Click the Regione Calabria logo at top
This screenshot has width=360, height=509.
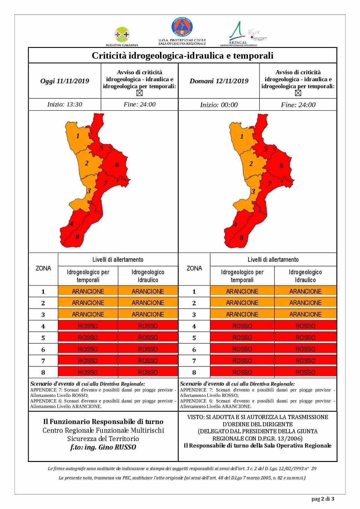(122, 36)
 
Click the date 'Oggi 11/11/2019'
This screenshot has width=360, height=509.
(65, 81)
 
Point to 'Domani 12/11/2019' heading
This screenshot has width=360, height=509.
(219, 81)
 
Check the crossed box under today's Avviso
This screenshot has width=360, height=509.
(140, 93)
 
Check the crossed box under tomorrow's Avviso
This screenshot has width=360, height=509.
(298, 93)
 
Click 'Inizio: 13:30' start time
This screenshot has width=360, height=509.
(65, 104)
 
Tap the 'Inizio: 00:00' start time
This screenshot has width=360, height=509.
(219, 105)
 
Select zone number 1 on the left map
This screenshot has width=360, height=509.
(78, 136)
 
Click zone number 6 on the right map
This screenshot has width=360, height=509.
(281, 165)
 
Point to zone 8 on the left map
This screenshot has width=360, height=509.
(77, 237)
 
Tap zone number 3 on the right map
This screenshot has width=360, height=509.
(253, 192)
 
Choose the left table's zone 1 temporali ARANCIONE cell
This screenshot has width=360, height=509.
(88, 291)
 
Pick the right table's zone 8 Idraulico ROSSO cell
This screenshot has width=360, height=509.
(305, 372)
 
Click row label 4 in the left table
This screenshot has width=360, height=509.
(43, 326)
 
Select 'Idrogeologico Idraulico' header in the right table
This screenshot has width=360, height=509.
(305, 276)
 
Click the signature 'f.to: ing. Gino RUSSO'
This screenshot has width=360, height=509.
(103, 447)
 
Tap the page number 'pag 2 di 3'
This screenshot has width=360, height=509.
(323, 499)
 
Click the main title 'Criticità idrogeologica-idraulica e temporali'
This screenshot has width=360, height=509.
(183, 55)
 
